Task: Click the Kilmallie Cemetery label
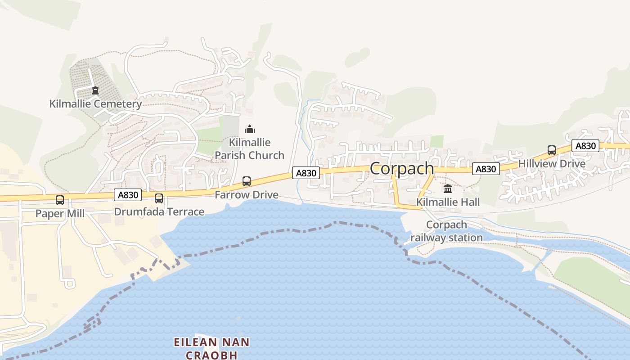tap(95, 104)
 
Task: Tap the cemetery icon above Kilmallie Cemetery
tap(95, 90)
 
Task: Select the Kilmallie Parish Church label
tap(249, 149)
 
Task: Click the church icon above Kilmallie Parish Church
tap(250, 130)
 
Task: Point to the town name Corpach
tap(402, 168)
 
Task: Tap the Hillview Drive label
tap(552, 163)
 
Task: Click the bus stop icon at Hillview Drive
tap(552, 150)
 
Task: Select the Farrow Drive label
tap(247, 195)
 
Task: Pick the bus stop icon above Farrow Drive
tap(247, 181)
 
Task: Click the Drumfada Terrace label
tap(159, 211)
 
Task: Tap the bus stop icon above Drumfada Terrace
tap(159, 198)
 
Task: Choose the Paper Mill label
tap(60, 213)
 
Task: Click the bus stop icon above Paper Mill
tap(60, 200)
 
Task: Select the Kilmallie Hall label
tap(448, 202)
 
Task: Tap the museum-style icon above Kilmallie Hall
tap(448, 189)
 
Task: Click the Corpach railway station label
tap(446, 231)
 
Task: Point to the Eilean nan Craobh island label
tap(211, 348)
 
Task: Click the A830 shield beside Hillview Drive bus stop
tap(585, 146)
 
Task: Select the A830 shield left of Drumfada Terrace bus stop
tap(128, 195)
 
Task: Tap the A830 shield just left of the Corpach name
tap(306, 173)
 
